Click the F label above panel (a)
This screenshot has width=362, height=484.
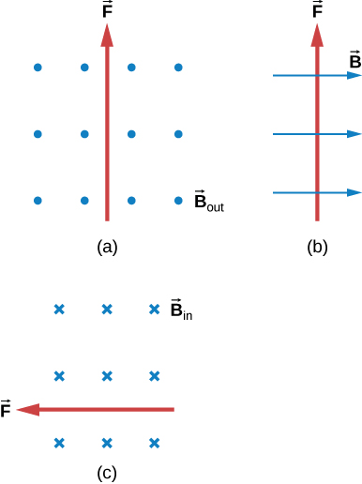[x=108, y=12]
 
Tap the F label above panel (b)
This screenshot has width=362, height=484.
[x=319, y=12]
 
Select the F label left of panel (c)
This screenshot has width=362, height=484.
[x=8, y=410]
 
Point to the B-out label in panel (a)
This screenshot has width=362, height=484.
[x=208, y=201]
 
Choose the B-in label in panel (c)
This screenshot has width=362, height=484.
[x=181, y=309]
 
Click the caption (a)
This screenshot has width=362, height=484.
[x=107, y=248]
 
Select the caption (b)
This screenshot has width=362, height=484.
[x=319, y=248]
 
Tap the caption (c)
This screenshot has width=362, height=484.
[x=107, y=472]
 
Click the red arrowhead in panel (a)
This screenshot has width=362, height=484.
[x=108, y=35]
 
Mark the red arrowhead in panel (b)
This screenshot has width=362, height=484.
[x=319, y=35]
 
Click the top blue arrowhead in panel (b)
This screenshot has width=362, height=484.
[x=354, y=76]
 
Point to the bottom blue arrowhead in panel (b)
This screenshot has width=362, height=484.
[x=354, y=193]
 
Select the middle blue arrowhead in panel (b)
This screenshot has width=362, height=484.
[x=354, y=135]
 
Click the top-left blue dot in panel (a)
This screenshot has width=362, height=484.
[x=38, y=68]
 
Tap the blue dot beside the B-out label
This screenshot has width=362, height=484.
[x=178, y=200]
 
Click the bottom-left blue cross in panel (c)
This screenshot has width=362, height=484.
[x=59, y=443]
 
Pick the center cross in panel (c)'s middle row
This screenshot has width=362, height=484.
[x=107, y=376]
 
